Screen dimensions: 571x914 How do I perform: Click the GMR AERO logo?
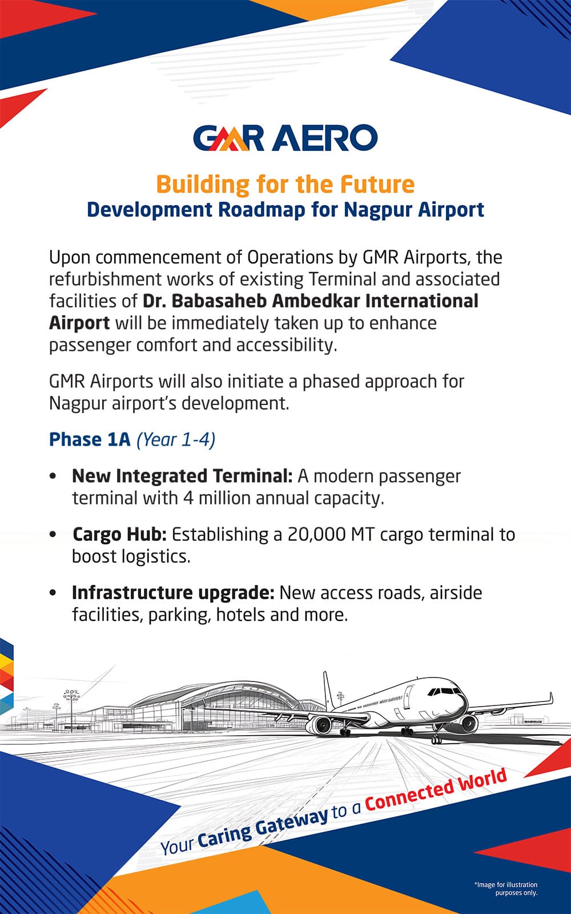click(285, 138)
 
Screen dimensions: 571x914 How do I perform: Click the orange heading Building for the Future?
click(285, 184)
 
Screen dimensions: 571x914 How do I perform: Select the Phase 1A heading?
click(90, 439)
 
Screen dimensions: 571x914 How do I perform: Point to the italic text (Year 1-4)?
click(176, 440)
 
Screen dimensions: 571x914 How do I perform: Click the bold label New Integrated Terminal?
click(182, 476)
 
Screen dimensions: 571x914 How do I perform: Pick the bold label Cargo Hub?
click(119, 535)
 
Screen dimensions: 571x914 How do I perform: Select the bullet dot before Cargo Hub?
click(53, 535)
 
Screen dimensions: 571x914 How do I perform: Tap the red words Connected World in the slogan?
click(436, 790)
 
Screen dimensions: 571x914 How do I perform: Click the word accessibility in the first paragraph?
click(287, 345)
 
